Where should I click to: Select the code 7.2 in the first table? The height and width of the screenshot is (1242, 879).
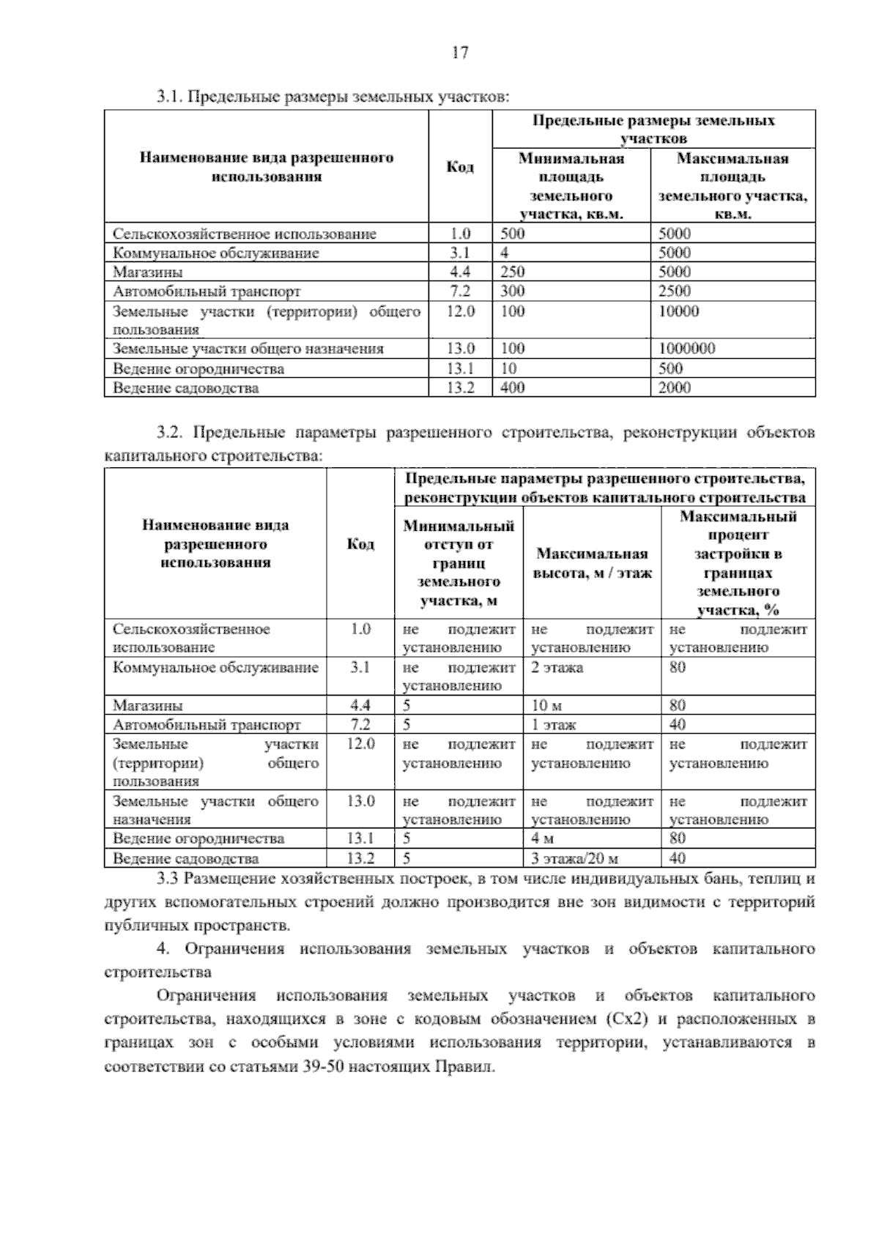(x=460, y=291)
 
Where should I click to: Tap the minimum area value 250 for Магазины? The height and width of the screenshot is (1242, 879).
(x=513, y=272)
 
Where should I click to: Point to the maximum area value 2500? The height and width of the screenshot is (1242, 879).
(x=674, y=291)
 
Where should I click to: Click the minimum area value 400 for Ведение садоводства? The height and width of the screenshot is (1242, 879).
(x=513, y=388)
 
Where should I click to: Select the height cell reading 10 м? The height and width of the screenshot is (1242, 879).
(x=546, y=706)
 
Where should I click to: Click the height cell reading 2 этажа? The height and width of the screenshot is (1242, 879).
(x=557, y=668)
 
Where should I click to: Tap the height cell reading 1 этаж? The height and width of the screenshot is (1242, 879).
(x=554, y=725)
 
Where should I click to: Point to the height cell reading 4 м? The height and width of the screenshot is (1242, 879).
(x=543, y=838)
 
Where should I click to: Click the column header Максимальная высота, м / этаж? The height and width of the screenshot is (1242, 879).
(x=592, y=563)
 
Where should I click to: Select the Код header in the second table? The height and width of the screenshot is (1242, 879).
(x=360, y=544)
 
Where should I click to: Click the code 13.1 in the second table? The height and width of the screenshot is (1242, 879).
(x=360, y=838)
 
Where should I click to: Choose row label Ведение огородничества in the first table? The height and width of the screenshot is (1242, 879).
(x=199, y=368)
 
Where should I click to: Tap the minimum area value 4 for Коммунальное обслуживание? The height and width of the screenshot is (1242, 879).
(x=505, y=253)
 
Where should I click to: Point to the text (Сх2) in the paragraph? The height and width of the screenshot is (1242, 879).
(x=627, y=1019)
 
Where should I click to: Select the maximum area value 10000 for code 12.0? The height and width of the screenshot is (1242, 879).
(x=678, y=311)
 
